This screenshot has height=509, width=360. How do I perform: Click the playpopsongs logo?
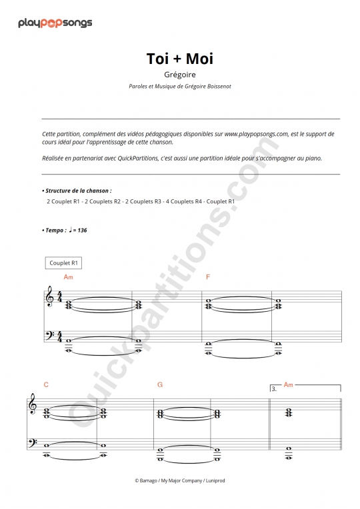point(55,23)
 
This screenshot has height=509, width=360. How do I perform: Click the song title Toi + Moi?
point(180,59)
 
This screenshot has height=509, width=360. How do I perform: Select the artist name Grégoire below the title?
point(180,75)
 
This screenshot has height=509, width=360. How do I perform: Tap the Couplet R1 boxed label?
point(65,263)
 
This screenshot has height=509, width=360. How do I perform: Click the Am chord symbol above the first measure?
point(68,276)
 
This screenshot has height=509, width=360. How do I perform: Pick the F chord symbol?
point(208,276)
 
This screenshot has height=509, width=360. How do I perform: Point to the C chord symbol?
point(46,385)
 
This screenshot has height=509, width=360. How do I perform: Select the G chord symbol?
point(160,385)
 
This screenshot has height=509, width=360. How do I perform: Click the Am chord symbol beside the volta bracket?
point(289,385)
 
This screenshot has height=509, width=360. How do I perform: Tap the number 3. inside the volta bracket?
point(274,389)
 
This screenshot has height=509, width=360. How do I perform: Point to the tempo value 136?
point(81,230)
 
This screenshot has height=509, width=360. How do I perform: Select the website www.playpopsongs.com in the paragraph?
point(256,134)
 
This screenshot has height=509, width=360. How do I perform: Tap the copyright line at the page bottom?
point(180,480)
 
